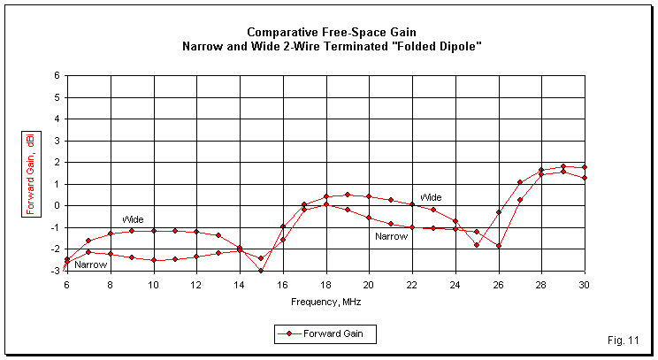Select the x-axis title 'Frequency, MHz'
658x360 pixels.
pos(325,302)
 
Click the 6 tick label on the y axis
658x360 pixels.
pos(56,76)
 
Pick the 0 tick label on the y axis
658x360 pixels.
pos(56,206)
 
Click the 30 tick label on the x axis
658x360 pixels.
pos(585,285)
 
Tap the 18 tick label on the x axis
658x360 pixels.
pos(325,285)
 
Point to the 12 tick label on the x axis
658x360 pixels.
pos(196,285)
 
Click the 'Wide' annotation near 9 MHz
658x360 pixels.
pos(133,219)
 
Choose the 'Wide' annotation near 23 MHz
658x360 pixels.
pos(431,197)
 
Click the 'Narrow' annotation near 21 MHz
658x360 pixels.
pos(391,236)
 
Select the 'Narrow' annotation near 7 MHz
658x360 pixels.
pos(90,264)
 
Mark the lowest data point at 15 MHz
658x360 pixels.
pos(261,271)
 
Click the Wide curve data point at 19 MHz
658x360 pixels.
pos(348,195)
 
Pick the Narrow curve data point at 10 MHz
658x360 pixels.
pos(153,260)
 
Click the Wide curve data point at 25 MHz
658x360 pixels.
pos(477,245)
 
